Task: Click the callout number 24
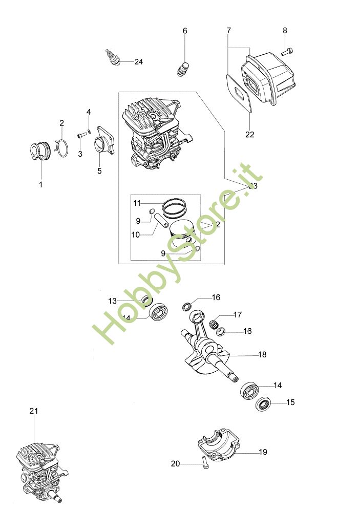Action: point(138,62)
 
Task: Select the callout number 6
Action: point(185,31)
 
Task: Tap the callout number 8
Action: point(285,31)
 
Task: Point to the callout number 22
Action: point(250,135)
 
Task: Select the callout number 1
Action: point(41,184)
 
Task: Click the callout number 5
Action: point(99,171)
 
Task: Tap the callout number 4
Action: point(89,112)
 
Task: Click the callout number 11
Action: point(137,203)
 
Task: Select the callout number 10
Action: point(135,234)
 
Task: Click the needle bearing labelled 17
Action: point(216,324)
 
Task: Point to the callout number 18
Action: point(262,354)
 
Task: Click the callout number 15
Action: point(290,402)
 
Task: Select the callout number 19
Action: point(263,452)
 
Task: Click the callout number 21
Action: point(34,411)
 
